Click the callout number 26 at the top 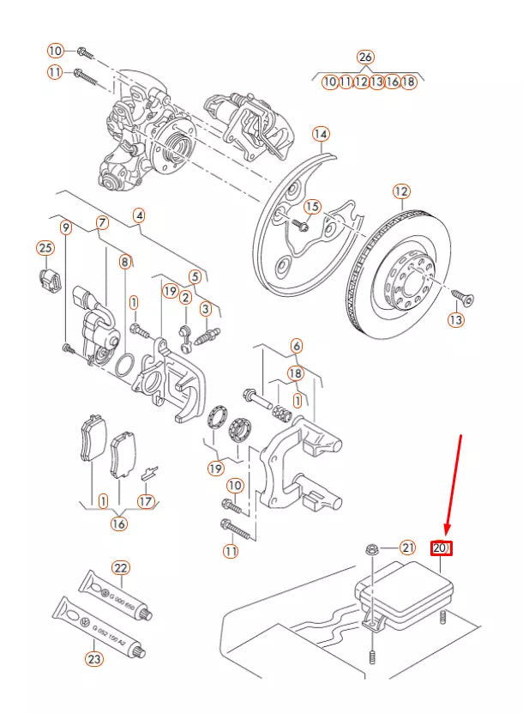pyautogui.click(x=365, y=57)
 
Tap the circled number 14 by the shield pyautogui.click(x=321, y=134)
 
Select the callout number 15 pyautogui.click(x=312, y=207)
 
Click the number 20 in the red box pyautogui.click(x=441, y=548)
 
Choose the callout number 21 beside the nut pyautogui.click(x=407, y=548)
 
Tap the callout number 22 pyautogui.click(x=121, y=568)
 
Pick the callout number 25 pyautogui.click(x=45, y=248)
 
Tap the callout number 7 pyautogui.click(x=102, y=223)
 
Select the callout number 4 pyautogui.click(x=139, y=215)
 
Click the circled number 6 pyautogui.click(x=296, y=346)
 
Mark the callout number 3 pyautogui.click(x=206, y=308)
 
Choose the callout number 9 pyautogui.click(x=65, y=227)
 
